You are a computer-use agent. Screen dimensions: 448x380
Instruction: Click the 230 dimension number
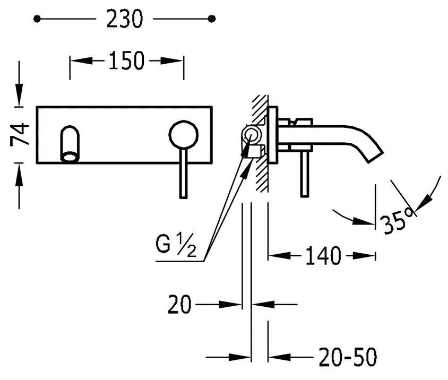(124, 19)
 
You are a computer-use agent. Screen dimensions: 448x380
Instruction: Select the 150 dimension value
(126, 61)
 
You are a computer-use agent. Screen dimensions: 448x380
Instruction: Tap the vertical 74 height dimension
(20, 134)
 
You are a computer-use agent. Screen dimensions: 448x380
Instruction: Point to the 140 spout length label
(323, 255)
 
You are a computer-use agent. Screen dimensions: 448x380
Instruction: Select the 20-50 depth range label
(348, 357)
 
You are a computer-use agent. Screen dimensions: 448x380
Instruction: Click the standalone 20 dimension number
(179, 304)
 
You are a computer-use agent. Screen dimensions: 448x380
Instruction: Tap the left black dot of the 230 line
(37, 19)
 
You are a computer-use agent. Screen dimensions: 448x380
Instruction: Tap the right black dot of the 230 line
(212, 19)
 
